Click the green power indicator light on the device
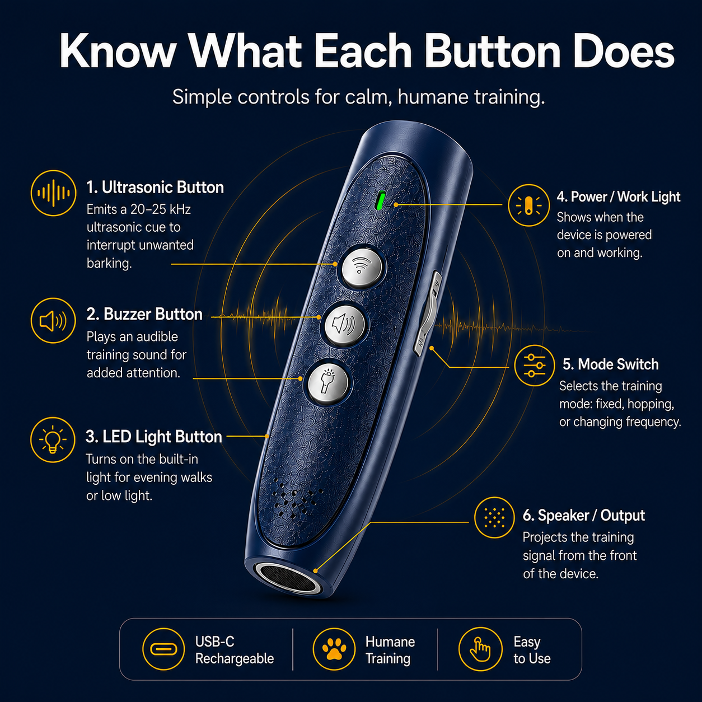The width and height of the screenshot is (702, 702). pos(381,200)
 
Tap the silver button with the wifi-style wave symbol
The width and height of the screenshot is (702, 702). pos(361,268)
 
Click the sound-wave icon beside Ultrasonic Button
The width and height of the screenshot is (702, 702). pos(54,193)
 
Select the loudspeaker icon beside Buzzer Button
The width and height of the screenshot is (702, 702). pos(53,321)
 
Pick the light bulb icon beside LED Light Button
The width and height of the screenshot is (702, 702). pos(53,439)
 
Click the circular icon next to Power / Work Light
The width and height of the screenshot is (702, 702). pos(529,205)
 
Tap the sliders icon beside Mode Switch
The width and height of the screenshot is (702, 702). pos(535,366)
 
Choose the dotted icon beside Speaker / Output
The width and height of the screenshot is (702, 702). pos(494,517)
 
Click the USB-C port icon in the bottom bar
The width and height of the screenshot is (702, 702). pos(163,649)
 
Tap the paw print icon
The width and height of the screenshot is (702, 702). pos(334,649)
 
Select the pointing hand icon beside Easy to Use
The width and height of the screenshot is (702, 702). pos(480,649)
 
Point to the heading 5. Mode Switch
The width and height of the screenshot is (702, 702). pos(611,364)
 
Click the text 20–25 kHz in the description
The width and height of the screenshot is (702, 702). pos(161,209)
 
